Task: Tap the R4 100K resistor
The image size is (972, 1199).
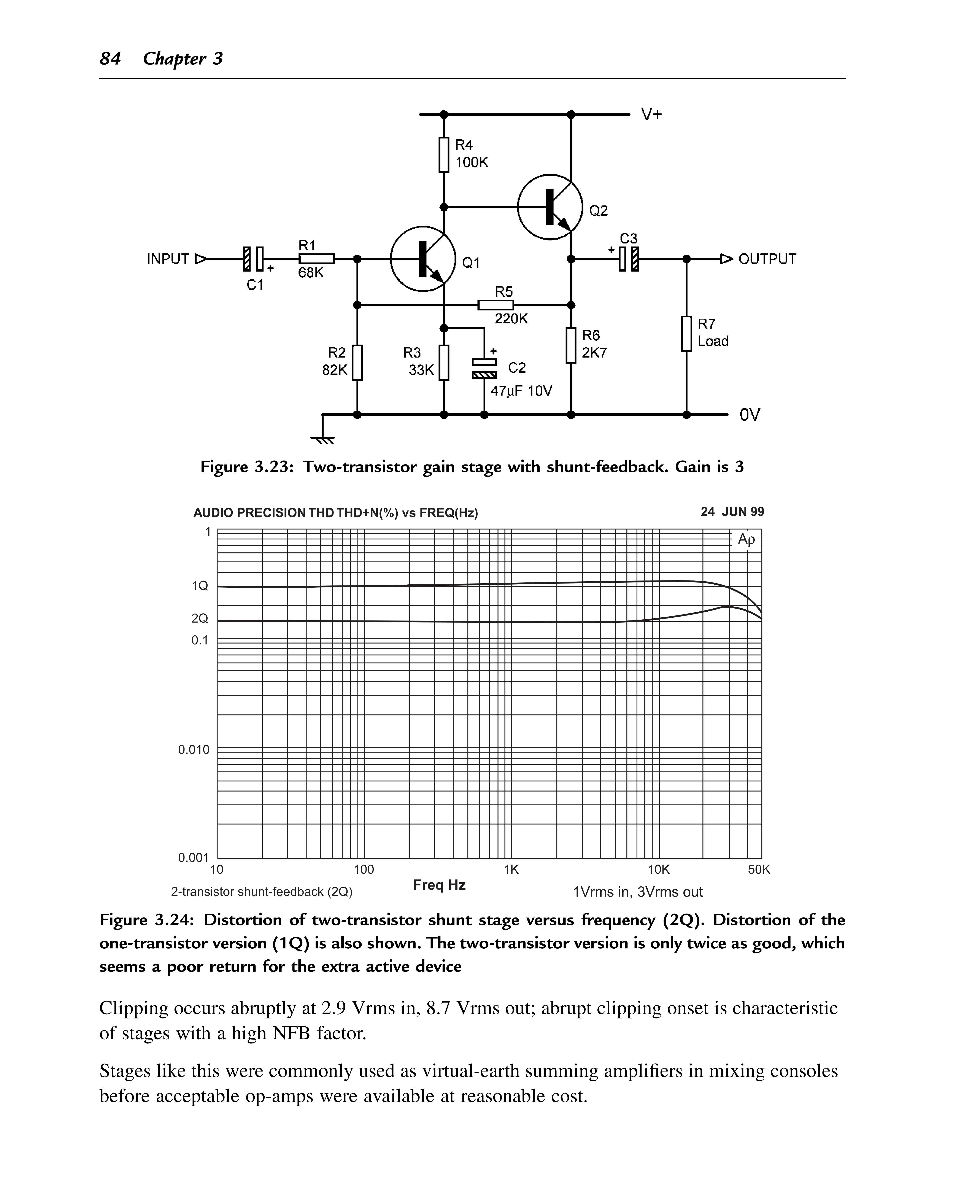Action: point(444,154)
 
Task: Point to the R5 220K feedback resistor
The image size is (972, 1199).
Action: point(496,305)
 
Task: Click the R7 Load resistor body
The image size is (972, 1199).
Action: point(686,334)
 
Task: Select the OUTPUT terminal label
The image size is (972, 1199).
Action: point(767,259)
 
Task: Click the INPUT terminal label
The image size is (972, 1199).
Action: point(168,259)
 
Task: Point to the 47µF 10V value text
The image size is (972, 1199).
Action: point(521,391)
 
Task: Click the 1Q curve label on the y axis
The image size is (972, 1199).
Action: point(200,586)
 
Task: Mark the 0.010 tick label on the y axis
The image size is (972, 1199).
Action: point(194,749)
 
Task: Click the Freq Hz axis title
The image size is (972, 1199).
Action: point(440,885)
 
